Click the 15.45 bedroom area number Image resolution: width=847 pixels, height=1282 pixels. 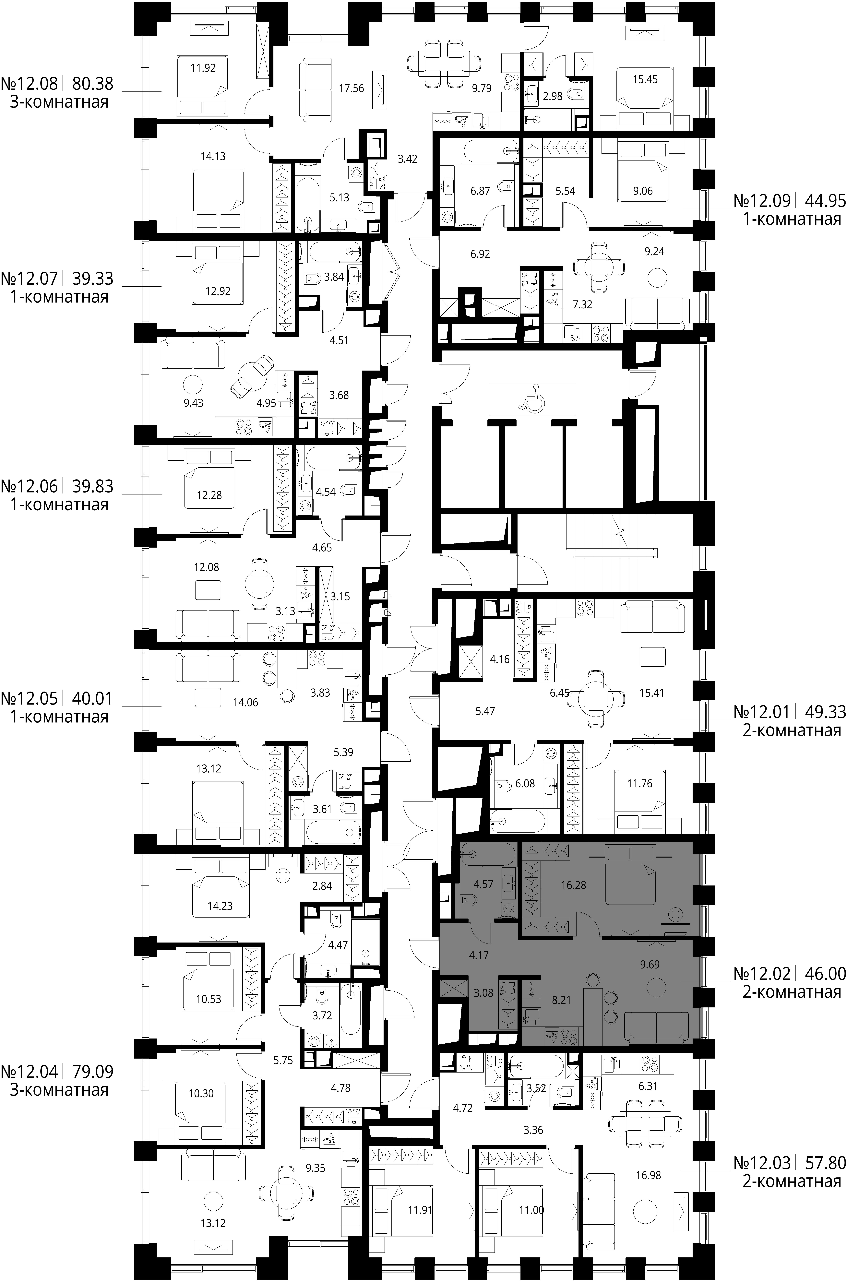click(x=645, y=79)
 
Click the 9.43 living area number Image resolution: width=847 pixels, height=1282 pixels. click(x=193, y=402)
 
